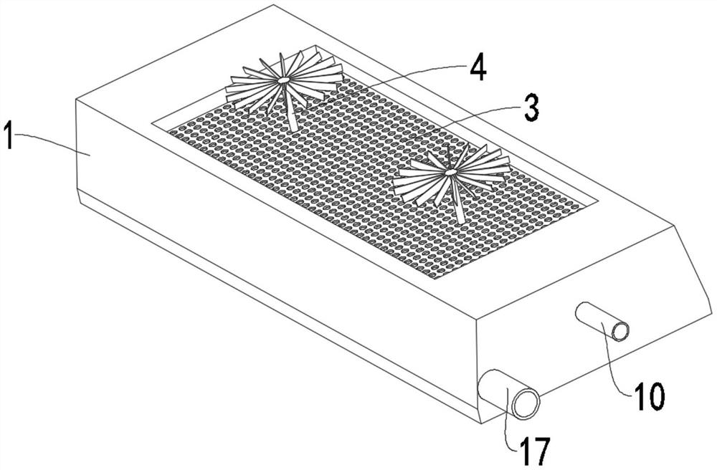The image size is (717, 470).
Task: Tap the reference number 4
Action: pos(477,69)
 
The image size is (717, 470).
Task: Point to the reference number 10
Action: pos(649,396)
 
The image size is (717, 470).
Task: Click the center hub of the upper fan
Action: pos(283,81)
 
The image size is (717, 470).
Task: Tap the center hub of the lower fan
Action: pos(450,172)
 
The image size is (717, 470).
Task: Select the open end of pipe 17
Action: pos(526,403)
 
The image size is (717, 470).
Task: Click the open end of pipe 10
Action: pos(620,331)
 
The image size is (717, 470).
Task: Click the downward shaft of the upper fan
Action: pos(291,109)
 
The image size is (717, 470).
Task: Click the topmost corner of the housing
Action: pos(273,5)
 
